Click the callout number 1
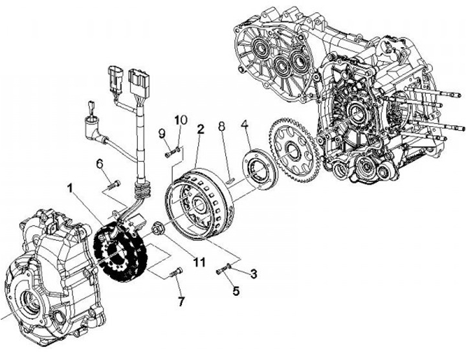69,188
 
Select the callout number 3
254,274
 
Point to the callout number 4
245,124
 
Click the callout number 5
236,291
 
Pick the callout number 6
100,164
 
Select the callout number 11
198,262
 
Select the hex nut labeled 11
159,227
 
